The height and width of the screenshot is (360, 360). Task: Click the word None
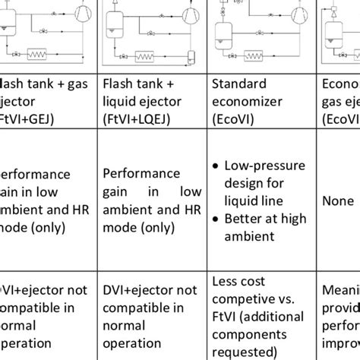pyautogui.click(x=338, y=201)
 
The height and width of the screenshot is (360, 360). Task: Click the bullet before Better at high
pyautogui.click(x=217, y=219)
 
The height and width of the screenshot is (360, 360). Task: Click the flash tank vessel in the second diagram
pyautogui.click(x=114, y=27)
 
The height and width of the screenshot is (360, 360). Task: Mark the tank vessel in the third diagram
pyautogui.click(x=224, y=32)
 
